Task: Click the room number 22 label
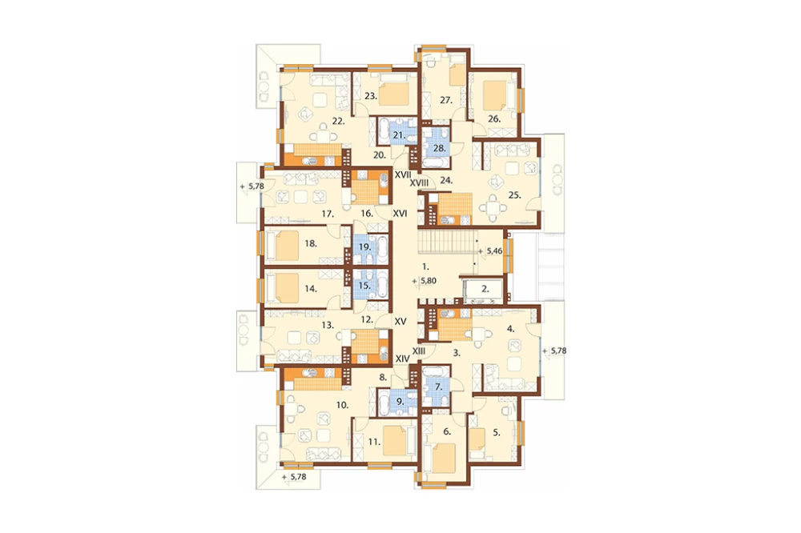[x=338, y=121]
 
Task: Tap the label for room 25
[x=514, y=194]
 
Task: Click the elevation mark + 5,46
[x=491, y=251]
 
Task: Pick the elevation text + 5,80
[x=425, y=280]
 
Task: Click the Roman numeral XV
[x=400, y=322]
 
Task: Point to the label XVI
[x=400, y=214]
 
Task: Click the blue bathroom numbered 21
[x=398, y=133]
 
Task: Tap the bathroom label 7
[x=438, y=387]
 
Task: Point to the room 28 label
[x=439, y=149]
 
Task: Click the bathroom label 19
[x=364, y=246]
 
